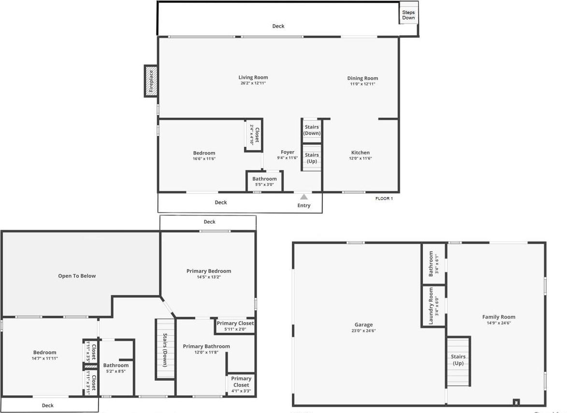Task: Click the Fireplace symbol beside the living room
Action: [151, 81]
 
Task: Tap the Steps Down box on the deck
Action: [408, 14]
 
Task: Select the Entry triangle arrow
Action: [304, 197]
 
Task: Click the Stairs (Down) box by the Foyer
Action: [312, 130]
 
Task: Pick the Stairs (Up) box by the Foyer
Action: [312, 158]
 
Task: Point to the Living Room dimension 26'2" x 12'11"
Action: [253, 84]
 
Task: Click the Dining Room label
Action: [363, 78]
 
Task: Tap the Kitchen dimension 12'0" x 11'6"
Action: [361, 158]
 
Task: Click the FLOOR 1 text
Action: [384, 199]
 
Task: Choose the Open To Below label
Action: [77, 276]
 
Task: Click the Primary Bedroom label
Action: [209, 271]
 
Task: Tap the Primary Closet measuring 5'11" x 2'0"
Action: [235, 326]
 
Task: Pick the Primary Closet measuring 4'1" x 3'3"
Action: [241, 385]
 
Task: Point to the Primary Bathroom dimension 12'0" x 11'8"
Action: [206, 353]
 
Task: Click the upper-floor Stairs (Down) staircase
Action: [164, 349]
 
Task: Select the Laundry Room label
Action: [432, 306]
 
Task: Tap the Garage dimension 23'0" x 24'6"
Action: [363, 331]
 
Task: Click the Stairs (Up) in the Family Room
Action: [458, 360]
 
